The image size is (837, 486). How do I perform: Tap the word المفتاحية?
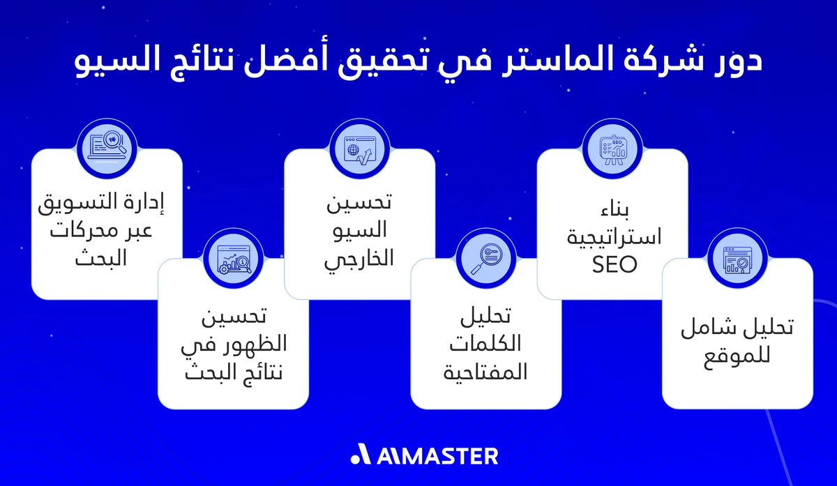pos(485,372)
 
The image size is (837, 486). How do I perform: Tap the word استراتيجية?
pos(612,238)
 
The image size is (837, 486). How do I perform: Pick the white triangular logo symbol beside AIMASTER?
pos(361,455)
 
